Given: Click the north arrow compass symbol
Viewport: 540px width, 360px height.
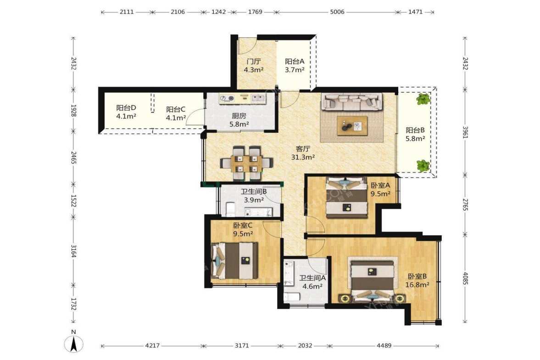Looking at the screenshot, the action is (73, 343).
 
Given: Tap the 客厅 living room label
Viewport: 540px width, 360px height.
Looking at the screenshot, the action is (303, 149).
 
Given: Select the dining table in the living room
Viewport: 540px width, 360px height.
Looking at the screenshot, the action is (246, 163).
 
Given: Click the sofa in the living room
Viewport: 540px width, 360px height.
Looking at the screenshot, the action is (352, 101).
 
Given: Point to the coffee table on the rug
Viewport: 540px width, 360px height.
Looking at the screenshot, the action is (352, 126).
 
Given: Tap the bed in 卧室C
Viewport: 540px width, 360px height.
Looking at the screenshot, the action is (234, 260).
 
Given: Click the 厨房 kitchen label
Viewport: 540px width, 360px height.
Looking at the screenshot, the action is (239, 116).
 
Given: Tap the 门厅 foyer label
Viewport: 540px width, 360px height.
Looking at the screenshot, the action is (253, 61).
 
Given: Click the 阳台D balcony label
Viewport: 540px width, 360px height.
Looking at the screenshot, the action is (126, 108).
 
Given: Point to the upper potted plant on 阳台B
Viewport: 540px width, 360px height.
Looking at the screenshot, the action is (423, 100).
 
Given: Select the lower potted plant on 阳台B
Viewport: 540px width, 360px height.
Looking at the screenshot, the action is (423, 166).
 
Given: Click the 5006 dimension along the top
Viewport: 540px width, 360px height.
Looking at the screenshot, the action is (337, 12).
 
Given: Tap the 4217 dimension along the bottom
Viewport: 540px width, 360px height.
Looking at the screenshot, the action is (152, 345).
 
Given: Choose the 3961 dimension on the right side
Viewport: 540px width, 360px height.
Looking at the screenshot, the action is (465, 132).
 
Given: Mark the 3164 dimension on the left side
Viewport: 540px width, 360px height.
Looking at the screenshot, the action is (73, 251).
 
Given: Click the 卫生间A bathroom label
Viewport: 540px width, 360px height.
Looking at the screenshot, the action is (312, 278).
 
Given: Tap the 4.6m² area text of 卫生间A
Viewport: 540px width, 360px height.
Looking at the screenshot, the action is (312, 286).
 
